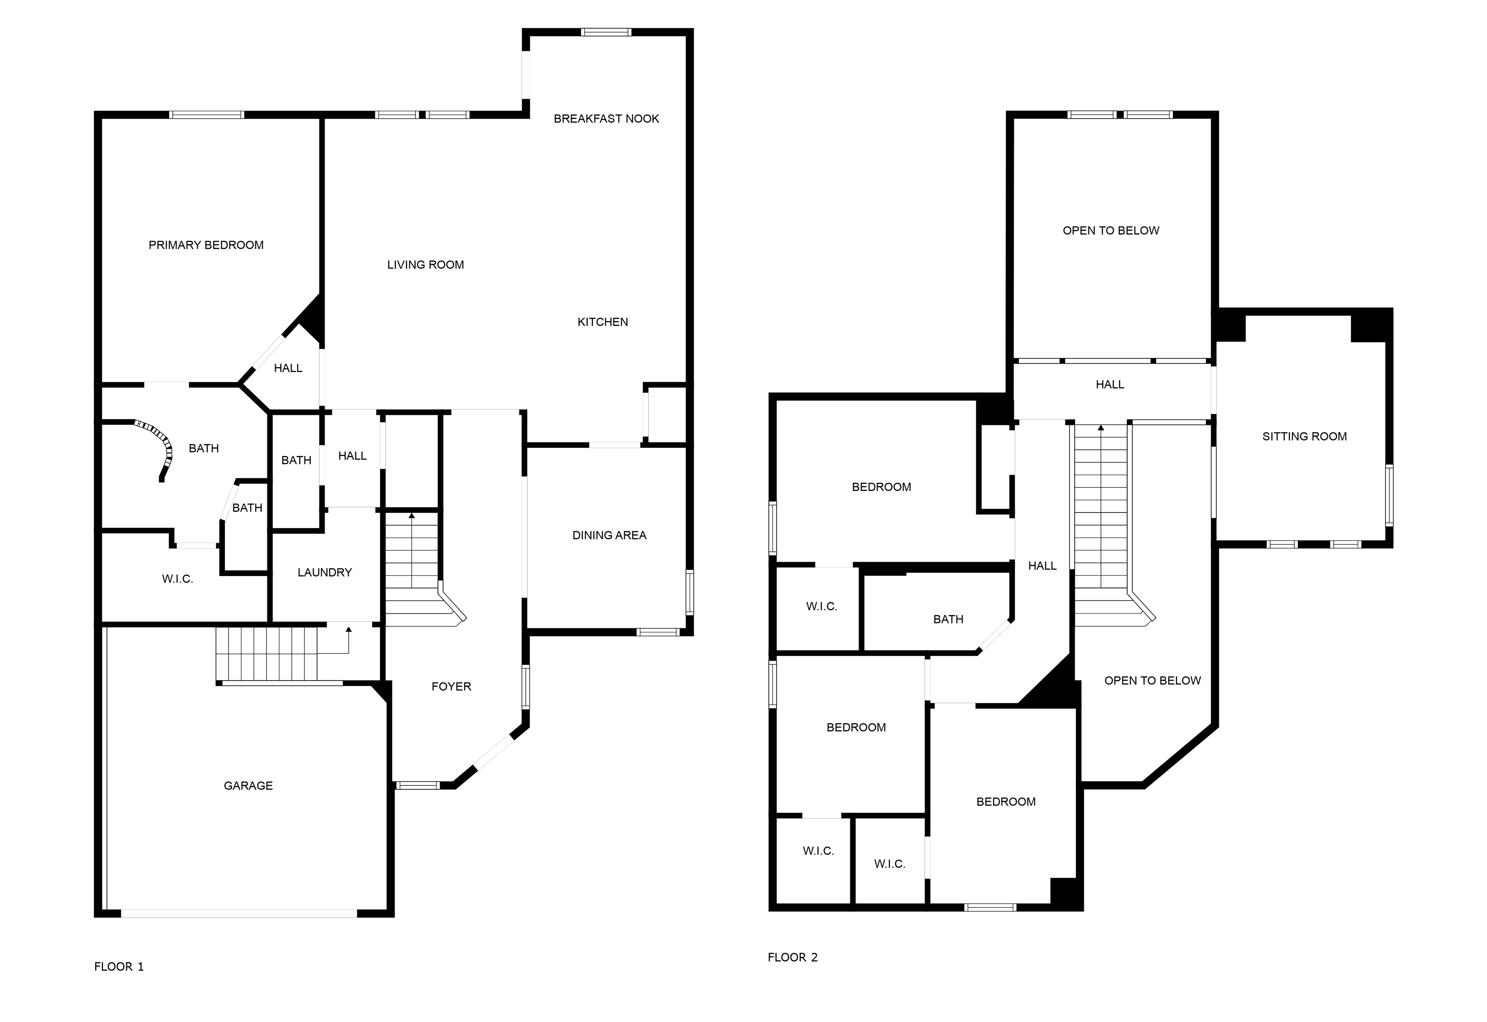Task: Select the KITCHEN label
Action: (x=603, y=322)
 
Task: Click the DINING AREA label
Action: (x=609, y=535)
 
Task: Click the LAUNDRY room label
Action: (x=325, y=573)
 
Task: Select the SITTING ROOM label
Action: (x=1305, y=437)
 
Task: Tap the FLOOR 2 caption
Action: (x=793, y=957)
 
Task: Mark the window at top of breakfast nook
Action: (x=606, y=32)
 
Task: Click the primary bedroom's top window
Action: (x=207, y=115)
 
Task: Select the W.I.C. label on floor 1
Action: (x=177, y=579)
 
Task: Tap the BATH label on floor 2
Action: (x=948, y=619)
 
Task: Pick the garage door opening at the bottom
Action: (x=239, y=913)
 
